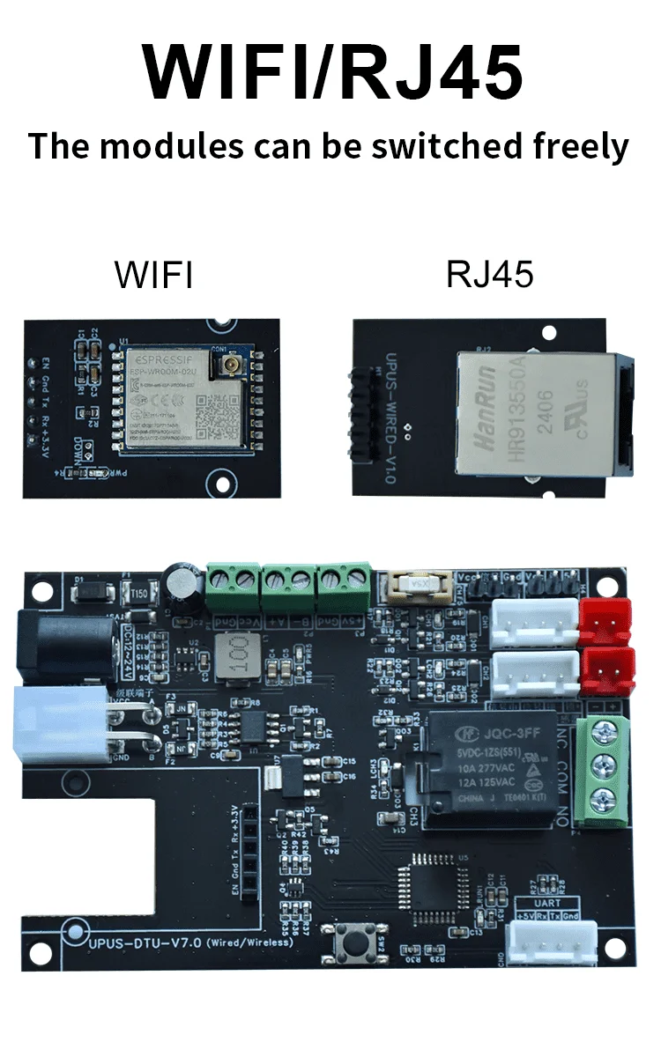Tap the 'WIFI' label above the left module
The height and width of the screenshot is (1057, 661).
(x=153, y=275)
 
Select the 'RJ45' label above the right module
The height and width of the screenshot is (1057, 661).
(x=489, y=275)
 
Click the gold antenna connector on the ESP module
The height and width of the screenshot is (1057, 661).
(x=219, y=363)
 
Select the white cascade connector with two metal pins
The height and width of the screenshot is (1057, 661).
(x=57, y=725)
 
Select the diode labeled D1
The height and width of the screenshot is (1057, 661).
(x=88, y=595)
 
